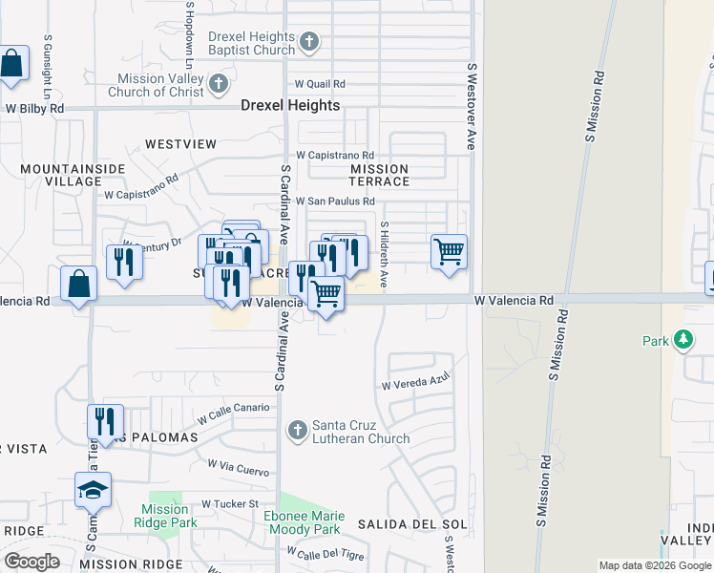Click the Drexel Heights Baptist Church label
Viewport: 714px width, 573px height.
[x=252, y=43]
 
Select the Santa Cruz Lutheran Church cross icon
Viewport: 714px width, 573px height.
[x=297, y=432]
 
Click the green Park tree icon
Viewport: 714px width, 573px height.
[x=682, y=340]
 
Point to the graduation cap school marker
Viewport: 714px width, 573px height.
[x=94, y=490]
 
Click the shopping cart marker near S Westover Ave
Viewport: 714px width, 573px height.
[x=449, y=253]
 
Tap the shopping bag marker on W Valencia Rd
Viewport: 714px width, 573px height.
[x=78, y=284]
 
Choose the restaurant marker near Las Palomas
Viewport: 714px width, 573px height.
[x=105, y=422]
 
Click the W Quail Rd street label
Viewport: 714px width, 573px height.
[x=320, y=84]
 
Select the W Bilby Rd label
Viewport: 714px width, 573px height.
[x=35, y=109]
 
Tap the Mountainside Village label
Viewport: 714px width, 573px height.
[x=60, y=174]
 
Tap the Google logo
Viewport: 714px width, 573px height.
[x=31, y=562]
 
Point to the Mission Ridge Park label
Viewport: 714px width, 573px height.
[x=164, y=516]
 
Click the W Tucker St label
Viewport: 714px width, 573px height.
[x=230, y=503]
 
